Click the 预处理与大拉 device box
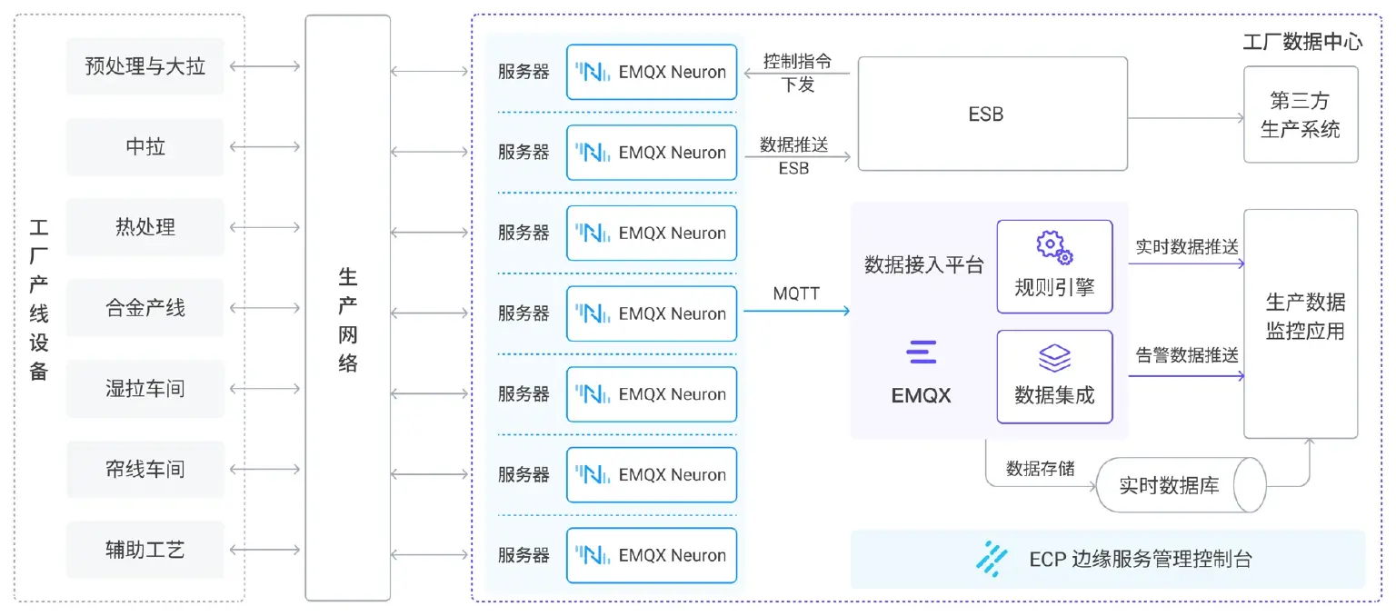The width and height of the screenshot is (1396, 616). click(x=145, y=66)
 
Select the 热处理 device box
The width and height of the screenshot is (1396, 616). click(x=145, y=227)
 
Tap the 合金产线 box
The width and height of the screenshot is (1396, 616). click(x=145, y=308)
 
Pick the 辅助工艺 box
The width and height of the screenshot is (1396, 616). click(x=145, y=550)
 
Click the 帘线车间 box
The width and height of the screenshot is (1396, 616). click(x=145, y=469)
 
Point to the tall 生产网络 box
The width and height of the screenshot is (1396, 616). click(x=347, y=308)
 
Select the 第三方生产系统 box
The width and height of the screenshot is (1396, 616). click(x=1300, y=114)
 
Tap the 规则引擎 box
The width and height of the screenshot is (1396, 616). click(x=1054, y=267)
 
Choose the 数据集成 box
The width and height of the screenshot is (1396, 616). click(x=1054, y=377)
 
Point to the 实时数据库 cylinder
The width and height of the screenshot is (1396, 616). click(x=1180, y=485)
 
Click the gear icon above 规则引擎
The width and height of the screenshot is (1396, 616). click(x=1054, y=246)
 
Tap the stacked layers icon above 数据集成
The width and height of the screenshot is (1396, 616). click(x=1054, y=357)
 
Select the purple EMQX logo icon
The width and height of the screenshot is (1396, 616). click(x=921, y=353)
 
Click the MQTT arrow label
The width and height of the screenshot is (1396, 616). click(x=796, y=293)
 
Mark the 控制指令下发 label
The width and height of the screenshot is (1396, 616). click(x=797, y=73)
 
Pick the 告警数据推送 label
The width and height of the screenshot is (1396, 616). click(x=1186, y=355)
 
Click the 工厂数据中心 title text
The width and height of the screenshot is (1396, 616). click(x=1301, y=42)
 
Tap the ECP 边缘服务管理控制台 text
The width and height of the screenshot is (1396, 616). click(x=1140, y=559)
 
